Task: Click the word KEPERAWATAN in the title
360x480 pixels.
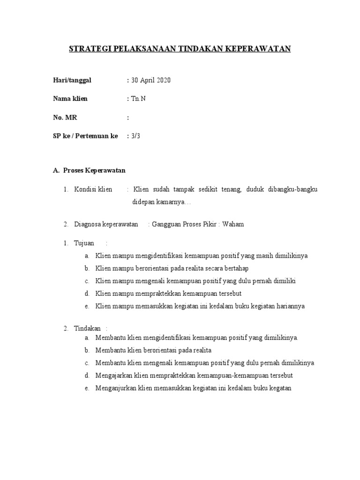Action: click(x=260, y=49)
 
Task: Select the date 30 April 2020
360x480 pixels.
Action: click(x=151, y=80)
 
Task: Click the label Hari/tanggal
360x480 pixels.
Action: click(x=72, y=80)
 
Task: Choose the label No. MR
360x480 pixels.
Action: click(x=65, y=118)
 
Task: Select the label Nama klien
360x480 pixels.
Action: click(x=70, y=99)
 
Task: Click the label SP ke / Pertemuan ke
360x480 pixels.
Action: click(x=86, y=136)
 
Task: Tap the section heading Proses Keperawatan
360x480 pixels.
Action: click(x=94, y=171)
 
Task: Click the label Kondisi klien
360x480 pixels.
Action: click(x=93, y=189)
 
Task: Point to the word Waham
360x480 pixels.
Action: click(x=233, y=224)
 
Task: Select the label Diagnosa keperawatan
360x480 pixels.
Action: click(x=106, y=224)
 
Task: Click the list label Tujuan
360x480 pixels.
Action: click(x=84, y=243)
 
